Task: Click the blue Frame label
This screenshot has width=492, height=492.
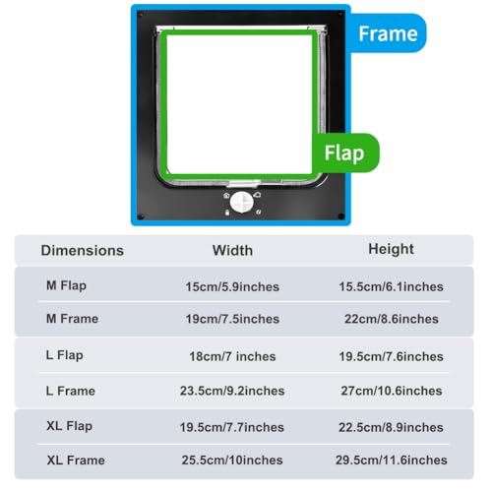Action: pos(388,33)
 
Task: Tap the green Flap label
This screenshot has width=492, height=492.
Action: pos(344,153)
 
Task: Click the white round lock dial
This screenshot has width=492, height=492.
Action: pos(242,203)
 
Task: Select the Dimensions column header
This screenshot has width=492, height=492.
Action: pos(83,251)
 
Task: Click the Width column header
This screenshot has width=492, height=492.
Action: pos(232,251)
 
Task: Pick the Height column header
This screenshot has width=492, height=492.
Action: pos(391,249)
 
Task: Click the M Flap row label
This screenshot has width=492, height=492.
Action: pos(67,285)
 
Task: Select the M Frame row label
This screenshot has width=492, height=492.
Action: pos(73,319)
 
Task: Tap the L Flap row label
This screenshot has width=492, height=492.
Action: pos(65,355)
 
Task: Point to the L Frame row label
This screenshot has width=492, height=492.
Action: pos(71,391)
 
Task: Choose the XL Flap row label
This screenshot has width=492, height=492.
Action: pos(70,426)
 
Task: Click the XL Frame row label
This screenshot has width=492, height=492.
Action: pos(76,461)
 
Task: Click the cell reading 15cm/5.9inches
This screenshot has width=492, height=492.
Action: pos(232,287)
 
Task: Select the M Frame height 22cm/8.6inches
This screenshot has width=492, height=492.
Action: pos(392,319)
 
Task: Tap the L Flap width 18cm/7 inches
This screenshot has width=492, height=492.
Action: pos(232,356)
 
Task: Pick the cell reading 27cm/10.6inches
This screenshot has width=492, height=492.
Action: pos(392,391)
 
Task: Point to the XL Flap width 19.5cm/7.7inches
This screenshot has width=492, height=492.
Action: pos(232,427)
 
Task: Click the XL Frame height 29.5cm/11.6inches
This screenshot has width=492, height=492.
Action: pos(392,461)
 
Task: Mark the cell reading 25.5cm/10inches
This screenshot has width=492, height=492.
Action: pos(232,461)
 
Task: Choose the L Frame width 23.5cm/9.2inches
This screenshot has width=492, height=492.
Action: pos(232,391)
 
